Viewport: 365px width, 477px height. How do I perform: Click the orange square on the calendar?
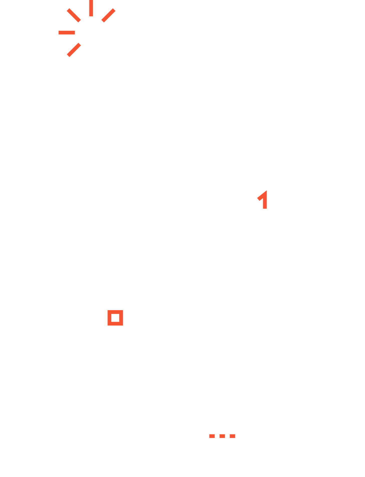click(x=115, y=318)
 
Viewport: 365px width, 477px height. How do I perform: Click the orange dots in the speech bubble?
click(x=222, y=436)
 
